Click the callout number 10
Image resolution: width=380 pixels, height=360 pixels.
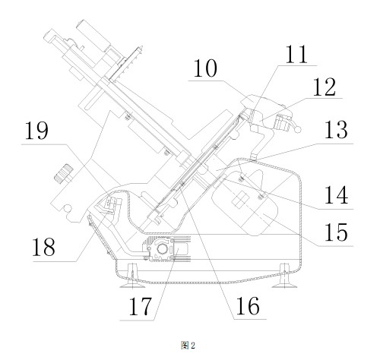click(x=205, y=68)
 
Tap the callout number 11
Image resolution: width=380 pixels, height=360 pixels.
click(x=296, y=55)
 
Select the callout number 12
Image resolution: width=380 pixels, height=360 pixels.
click(x=325, y=87)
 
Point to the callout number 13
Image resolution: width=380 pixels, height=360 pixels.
click(x=336, y=130)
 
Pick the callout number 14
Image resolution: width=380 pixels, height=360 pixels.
click(x=336, y=194)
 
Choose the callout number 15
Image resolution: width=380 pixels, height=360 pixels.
click(x=336, y=232)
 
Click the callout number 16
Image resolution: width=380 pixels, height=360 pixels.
click(x=248, y=306)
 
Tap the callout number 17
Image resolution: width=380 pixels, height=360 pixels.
click(x=141, y=306)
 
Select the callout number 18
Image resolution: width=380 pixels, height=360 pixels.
click(x=43, y=247)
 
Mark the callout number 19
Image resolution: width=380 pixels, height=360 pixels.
click(x=36, y=131)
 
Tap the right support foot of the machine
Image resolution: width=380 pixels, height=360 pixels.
click(x=284, y=276)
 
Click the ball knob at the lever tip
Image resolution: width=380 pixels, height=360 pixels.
click(x=298, y=130)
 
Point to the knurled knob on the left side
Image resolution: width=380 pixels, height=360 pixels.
click(x=64, y=172)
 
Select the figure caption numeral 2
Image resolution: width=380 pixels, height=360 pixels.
click(x=193, y=345)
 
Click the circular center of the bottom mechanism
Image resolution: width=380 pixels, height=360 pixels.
click(x=162, y=249)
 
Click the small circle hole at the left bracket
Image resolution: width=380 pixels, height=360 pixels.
click(x=67, y=208)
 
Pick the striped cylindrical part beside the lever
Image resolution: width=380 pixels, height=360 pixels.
click(x=283, y=123)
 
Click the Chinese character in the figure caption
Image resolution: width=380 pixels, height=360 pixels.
click(x=185, y=345)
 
